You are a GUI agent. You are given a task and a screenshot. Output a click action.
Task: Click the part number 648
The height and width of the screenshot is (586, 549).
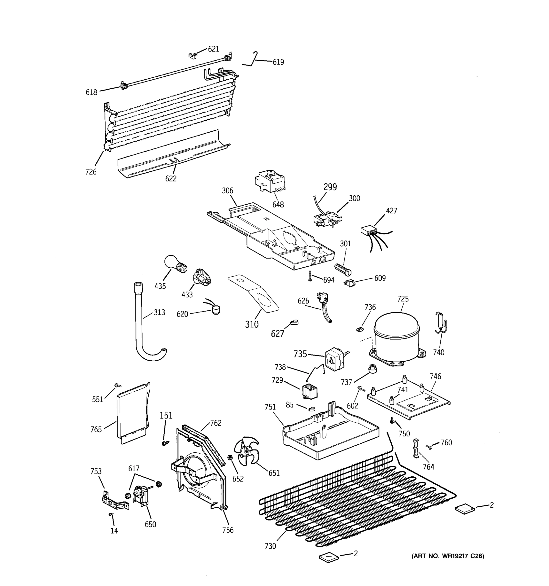(x=278, y=205)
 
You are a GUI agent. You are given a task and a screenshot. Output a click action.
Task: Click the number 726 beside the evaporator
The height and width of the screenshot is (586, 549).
(x=91, y=172)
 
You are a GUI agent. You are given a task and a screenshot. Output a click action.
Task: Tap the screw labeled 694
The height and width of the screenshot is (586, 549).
(x=310, y=276)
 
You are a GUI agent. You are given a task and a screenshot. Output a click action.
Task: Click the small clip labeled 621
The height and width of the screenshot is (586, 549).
(x=192, y=55)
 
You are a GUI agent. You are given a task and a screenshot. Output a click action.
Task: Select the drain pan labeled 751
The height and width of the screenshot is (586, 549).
(x=330, y=434)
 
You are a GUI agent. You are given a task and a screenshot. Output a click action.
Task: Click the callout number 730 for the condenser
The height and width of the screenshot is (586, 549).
(x=270, y=546)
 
